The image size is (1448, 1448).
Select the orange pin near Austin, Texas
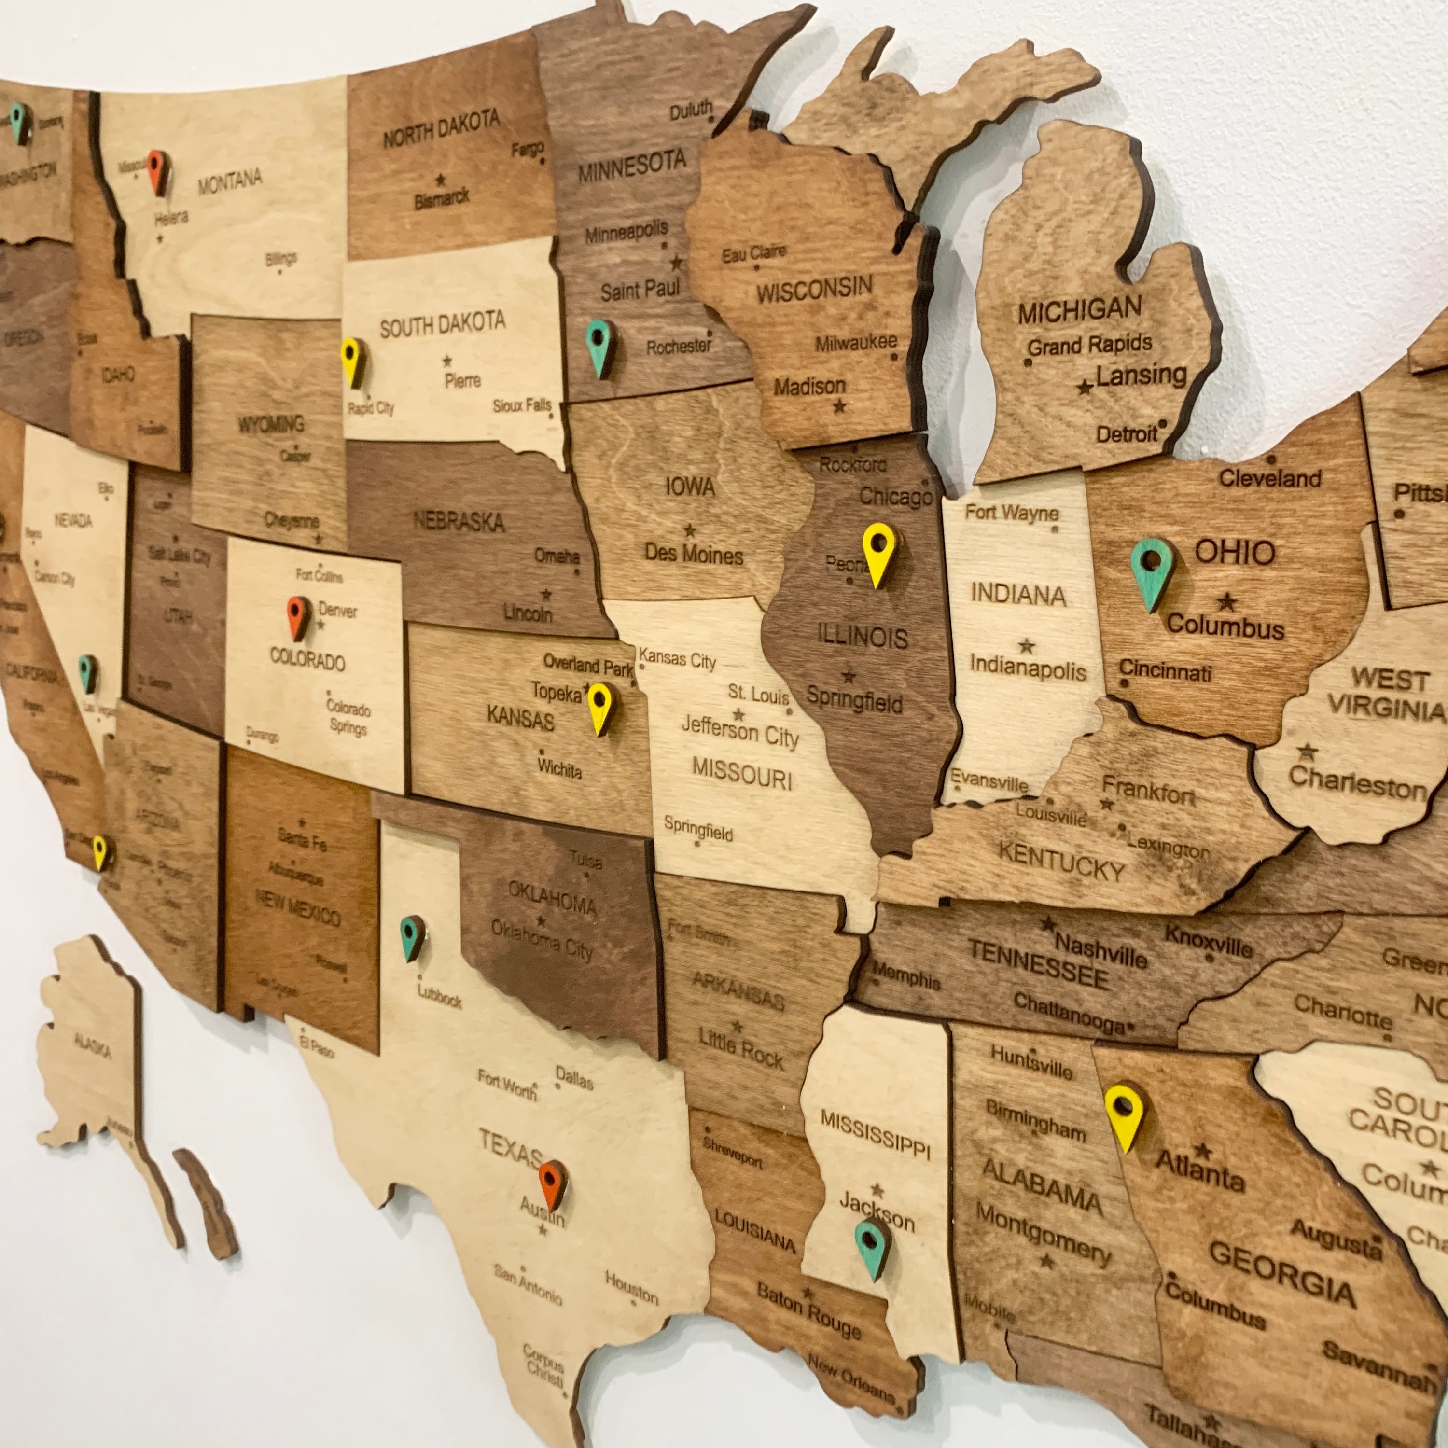click(552, 1183)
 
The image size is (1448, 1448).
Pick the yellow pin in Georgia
click(1124, 1116)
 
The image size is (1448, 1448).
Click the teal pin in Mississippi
click(872, 1247)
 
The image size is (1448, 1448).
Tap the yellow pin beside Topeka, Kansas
click(599, 707)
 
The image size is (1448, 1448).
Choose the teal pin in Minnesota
click(599, 346)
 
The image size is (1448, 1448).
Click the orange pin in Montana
click(157, 171)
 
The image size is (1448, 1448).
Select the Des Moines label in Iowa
click(693, 555)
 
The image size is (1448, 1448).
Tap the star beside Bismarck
click(441, 180)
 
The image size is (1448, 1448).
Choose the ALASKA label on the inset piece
click(93, 1045)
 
